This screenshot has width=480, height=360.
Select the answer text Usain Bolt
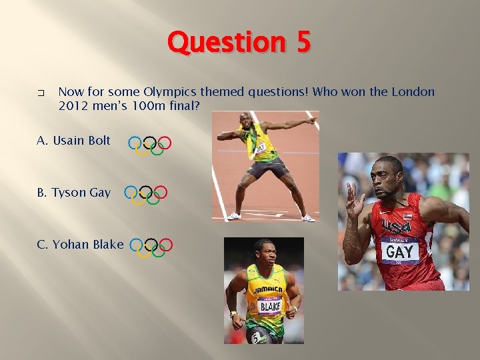coord(74,141)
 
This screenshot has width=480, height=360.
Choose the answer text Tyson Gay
coord(74,193)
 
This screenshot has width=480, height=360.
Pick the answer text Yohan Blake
coord(81,245)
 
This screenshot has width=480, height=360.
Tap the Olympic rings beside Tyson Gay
coord(146,195)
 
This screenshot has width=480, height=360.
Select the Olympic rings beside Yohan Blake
coord(151,247)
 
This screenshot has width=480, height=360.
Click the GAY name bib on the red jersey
coord(399,251)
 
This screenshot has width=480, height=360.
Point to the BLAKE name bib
coord(269,307)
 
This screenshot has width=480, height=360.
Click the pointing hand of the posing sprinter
coord(310,121)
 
